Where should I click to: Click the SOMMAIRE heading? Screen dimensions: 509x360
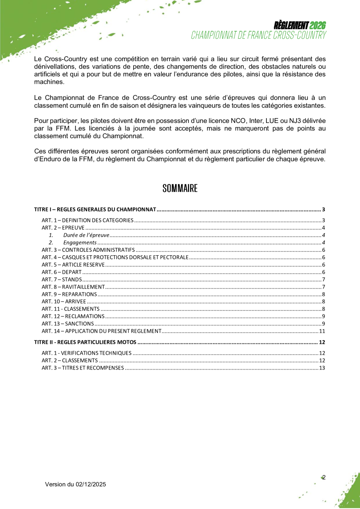click(180, 188)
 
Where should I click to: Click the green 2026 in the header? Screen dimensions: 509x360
click(318, 26)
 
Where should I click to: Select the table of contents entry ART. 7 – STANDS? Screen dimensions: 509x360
click(62, 279)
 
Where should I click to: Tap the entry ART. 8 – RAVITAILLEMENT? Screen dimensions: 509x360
click(73, 287)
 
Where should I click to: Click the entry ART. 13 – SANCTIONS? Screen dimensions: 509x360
click(68, 323)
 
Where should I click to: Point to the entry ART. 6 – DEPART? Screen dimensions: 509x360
click(62, 272)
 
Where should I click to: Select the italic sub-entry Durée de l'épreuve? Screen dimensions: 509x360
click(86, 235)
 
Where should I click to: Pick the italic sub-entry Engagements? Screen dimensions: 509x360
click(80, 242)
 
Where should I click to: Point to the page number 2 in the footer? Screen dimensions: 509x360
click(324, 477)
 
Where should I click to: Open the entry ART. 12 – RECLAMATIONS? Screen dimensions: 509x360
click(73, 316)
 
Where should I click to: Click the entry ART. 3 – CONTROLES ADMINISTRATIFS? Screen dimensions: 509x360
click(88, 250)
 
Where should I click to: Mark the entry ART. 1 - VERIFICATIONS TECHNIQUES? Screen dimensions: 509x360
click(87, 353)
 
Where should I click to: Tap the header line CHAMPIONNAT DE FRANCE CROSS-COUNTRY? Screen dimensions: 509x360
click(259, 35)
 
